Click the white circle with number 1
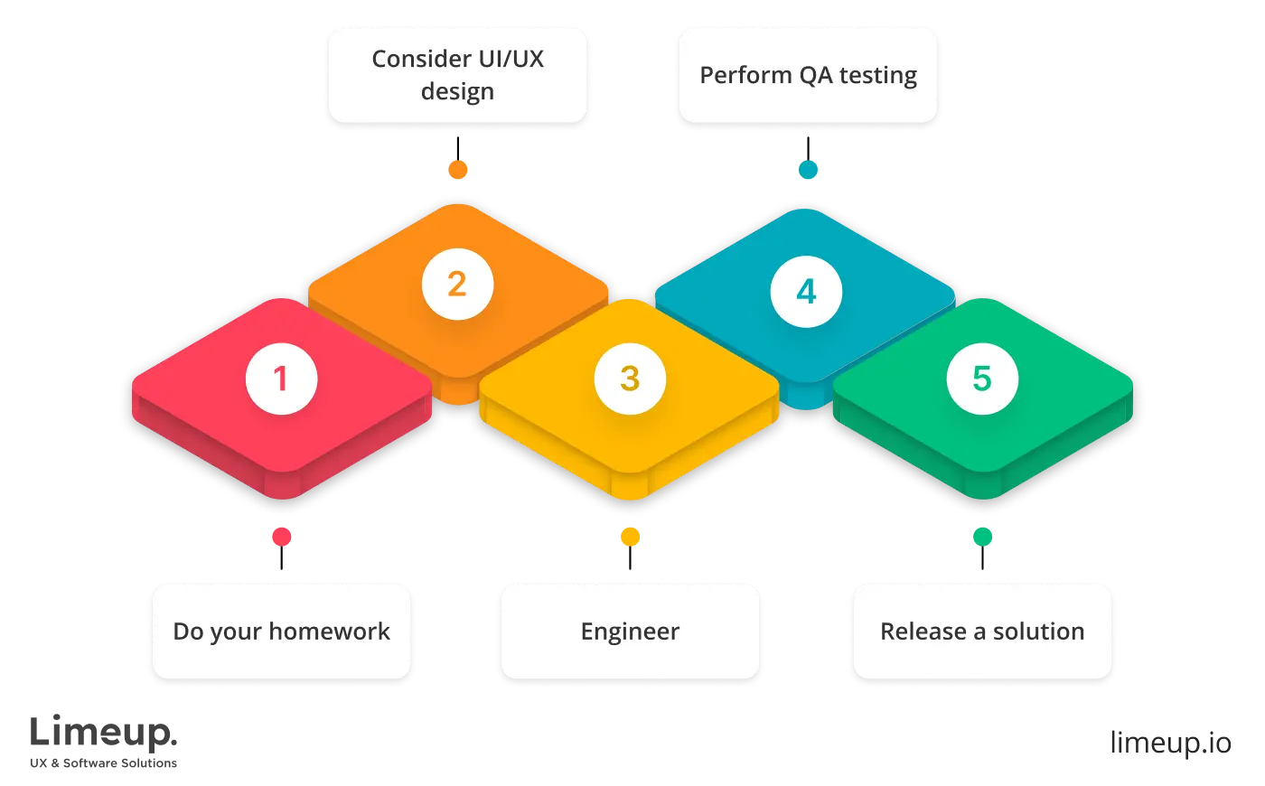282,378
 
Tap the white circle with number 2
457,285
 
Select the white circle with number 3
630,378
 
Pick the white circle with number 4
806,291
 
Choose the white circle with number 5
982,378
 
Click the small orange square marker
459,169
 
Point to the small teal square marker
807,169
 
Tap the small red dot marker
282,538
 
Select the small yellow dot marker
630,538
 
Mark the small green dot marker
982,538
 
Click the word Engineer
630,632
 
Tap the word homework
330,632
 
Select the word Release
923,632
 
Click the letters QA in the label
813,75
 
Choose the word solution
1039,632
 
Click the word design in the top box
457,92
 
